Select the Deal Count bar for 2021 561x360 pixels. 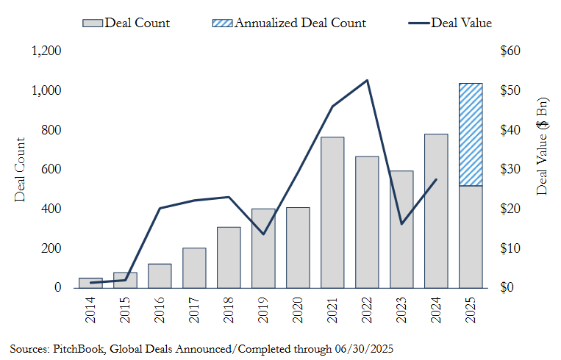click(x=332, y=213)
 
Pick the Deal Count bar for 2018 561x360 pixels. click(x=229, y=257)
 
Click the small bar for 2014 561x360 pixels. click(x=90, y=283)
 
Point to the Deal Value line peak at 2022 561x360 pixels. click(x=367, y=80)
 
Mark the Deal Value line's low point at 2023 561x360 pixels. click(x=401, y=223)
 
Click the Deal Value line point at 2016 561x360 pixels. click(x=160, y=208)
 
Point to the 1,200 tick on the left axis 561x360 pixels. click(x=46, y=51)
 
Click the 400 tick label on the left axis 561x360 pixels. click(x=51, y=209)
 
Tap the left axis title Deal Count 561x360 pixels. click(x=20, y=170)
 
